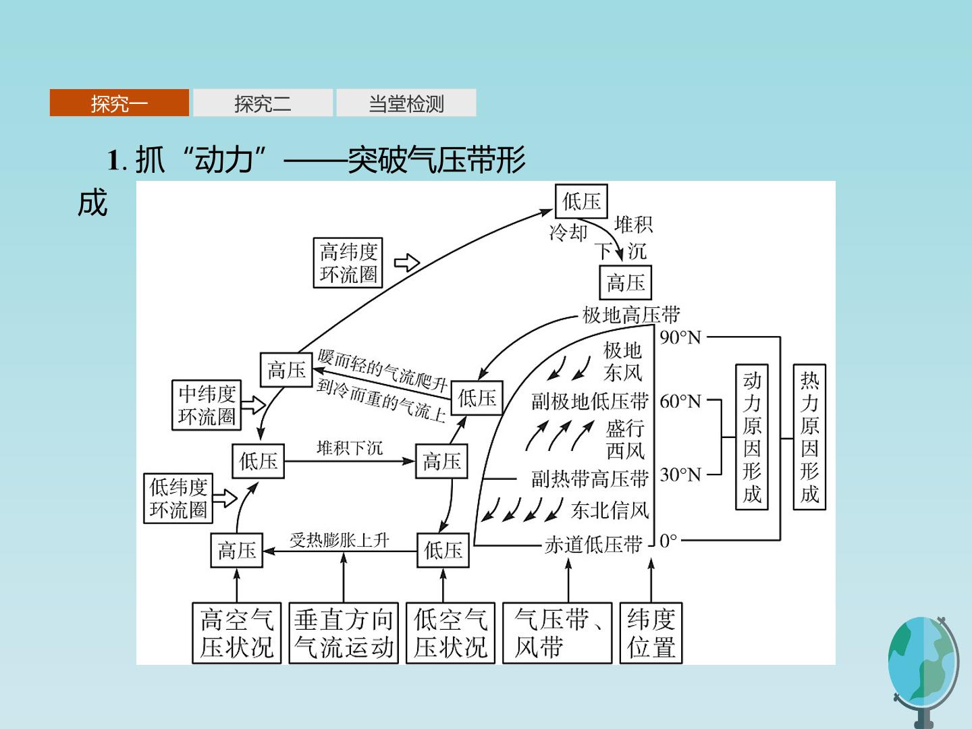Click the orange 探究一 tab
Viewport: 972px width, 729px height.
[119, 103]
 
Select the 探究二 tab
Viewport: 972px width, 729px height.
[263, 103]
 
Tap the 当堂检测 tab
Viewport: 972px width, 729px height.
[406, 103]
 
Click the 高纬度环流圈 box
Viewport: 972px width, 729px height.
[348, 263]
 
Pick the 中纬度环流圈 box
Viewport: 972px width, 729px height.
[207, 405]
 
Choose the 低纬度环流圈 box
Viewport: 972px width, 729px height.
[178, 498]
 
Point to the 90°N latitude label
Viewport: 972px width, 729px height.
[680, 337]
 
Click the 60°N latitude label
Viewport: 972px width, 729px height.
[680, 402]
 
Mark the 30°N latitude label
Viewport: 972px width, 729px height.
[680, 475]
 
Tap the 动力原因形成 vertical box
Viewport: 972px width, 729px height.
[751, 437]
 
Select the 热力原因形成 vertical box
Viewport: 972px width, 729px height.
[809, 437]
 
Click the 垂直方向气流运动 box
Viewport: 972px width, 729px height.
[344, 633]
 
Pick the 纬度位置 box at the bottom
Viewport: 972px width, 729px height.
[651, 633]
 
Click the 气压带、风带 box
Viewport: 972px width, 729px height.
[557, 633]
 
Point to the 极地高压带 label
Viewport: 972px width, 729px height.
[631, 315]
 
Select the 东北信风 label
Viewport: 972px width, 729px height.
[610, 510]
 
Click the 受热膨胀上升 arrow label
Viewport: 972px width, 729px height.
[340, 540]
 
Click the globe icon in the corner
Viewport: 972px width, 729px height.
[923, 670]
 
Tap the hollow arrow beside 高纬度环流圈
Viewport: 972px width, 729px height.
[407, 263]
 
